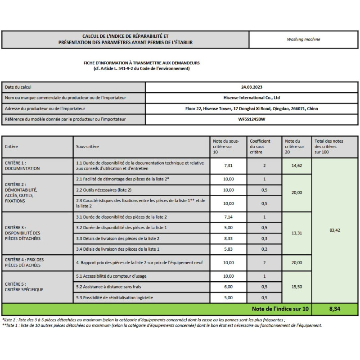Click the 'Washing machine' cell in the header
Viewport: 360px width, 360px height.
[x=303, y=39]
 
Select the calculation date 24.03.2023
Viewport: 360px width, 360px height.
[x=252, y=87]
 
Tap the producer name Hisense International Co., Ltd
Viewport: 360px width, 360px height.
[x=252, y=98]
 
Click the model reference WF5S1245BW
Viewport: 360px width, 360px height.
[x=252, y=119]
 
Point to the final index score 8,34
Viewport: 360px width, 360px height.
[x=334, y=309]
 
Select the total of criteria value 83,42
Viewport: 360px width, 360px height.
[x=334, y=230]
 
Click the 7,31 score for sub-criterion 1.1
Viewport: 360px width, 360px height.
[x=229, y=166]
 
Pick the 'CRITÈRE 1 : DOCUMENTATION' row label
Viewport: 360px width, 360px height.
[x=22, y=166]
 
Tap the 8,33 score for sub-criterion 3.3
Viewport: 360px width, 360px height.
[x=229, y=238]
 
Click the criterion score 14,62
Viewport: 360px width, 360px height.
[x=297, y=166]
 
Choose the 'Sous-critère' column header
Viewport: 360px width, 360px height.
[x=87, y=147]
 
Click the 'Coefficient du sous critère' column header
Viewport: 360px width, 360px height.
[x=260, y=146]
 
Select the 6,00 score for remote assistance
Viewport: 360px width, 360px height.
[x=229, y=287]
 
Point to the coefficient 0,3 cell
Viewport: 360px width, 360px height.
[x=264, y=238]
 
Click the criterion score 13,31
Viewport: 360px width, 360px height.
[x=297, y=233]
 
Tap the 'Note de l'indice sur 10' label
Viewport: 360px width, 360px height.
[x=280, y=309]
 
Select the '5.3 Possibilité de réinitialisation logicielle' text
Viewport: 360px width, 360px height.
[x=115, y=297]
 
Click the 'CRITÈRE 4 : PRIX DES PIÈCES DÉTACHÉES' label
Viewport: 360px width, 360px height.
[x=24, y=263]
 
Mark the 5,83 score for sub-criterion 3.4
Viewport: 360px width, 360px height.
[x=229, y=249]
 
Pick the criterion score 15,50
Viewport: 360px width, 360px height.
[x=297, y=287]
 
